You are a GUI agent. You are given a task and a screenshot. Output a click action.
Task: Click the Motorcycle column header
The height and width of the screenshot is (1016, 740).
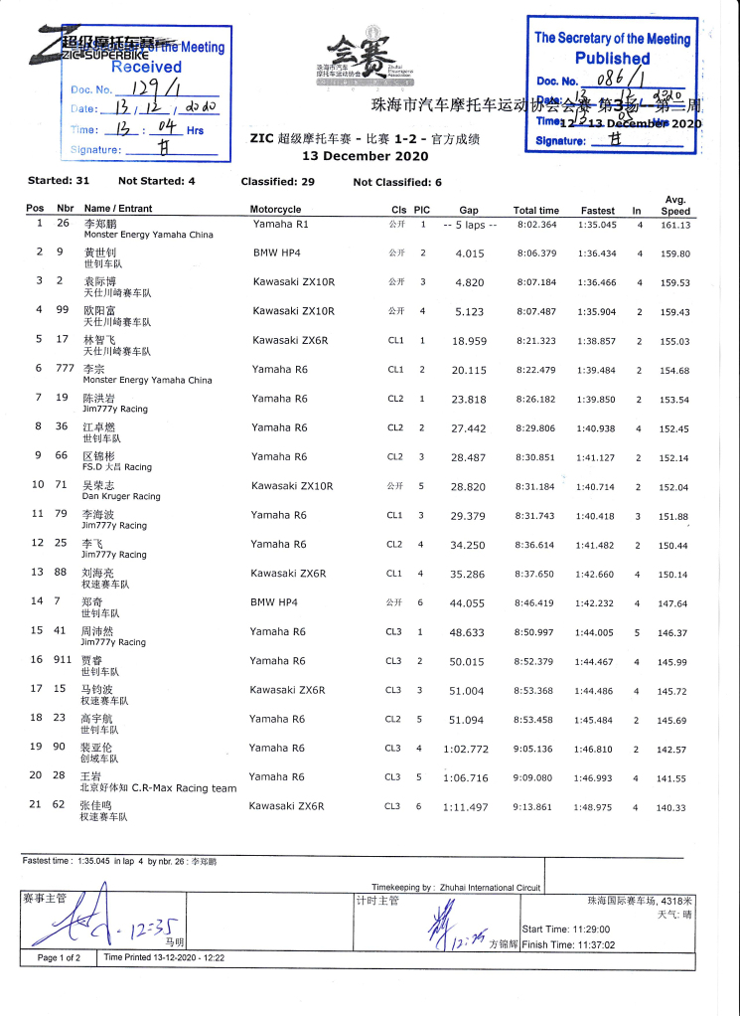(275, 210)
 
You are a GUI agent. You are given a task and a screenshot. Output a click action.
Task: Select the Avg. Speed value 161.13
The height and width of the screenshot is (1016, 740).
(675, 225)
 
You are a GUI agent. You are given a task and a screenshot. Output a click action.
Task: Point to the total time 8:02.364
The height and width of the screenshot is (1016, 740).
(536, 225)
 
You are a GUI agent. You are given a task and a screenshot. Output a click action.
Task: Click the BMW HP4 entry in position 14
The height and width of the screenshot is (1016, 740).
(275, 602)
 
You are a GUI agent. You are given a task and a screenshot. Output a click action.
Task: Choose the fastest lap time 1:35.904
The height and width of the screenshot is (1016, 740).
(597, 311)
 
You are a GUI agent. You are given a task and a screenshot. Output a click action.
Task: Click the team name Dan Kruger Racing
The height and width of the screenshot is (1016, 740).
(120, 496)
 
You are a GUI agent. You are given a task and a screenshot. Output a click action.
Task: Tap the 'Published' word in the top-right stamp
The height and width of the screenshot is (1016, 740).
(612, 59)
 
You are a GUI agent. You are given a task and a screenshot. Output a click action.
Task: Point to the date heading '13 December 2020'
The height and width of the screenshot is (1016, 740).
(365, 156)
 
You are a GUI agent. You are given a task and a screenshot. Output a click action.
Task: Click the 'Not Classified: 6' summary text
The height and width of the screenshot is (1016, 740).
(397, 182)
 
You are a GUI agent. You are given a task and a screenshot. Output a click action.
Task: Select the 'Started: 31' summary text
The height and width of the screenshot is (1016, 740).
(59, 181)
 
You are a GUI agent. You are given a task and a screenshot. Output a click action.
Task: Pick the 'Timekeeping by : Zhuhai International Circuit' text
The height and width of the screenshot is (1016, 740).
(458, 887)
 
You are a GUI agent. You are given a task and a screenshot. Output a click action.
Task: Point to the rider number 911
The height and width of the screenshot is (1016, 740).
(65, 661)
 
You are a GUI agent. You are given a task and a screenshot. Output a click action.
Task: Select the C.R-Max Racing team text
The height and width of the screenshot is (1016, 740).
(184, 788)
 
